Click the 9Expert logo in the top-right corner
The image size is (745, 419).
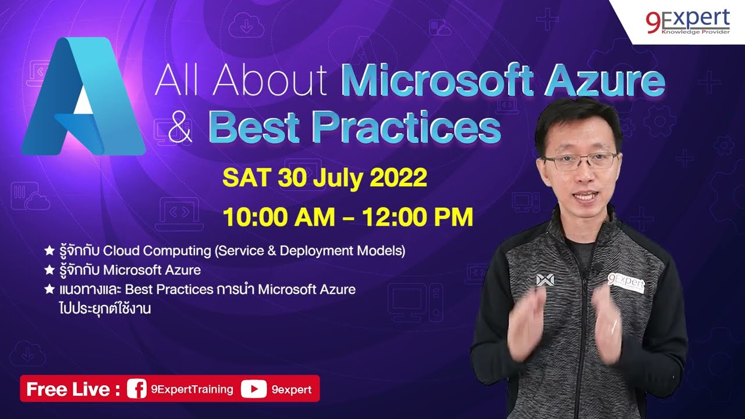[687, 22]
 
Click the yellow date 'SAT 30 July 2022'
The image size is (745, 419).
[325, 178]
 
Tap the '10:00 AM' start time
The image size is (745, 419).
[279, 217]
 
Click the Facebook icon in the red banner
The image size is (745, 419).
[136, 389]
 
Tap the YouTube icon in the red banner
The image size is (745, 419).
[253, 389]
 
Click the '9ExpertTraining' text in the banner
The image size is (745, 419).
[191, 389]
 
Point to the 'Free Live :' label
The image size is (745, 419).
[73, 389]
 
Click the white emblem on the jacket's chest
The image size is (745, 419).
[545, 280]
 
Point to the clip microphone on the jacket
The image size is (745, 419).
[597, 268]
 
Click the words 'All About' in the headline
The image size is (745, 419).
[241, 82]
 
